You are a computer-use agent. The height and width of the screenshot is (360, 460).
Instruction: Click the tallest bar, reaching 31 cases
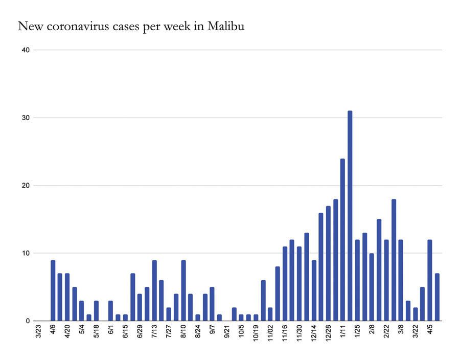point(350,216)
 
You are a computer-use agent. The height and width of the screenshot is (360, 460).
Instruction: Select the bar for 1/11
point(342,240)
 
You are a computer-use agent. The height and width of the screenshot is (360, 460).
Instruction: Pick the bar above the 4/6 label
point(53,290)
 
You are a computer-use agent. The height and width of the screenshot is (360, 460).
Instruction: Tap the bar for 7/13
point(154,290)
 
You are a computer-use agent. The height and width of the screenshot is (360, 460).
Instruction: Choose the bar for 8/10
point(183,290)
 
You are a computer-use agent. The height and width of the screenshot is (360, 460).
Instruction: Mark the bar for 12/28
point(328,263)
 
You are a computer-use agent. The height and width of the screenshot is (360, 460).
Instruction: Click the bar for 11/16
point(285,284)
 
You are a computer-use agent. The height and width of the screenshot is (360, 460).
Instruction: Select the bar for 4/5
point(430,280)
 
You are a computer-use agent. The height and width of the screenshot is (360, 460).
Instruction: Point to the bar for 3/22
point(416,314)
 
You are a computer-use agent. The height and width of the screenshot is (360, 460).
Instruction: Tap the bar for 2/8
point(372,287)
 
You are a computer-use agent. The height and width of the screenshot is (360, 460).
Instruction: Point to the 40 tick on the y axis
point(26,50)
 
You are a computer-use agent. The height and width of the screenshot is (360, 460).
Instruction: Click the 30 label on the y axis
point(26,118)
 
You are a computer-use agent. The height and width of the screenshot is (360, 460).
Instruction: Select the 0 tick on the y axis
point(28,321)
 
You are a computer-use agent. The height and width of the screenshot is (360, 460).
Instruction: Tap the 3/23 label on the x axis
point(38,331)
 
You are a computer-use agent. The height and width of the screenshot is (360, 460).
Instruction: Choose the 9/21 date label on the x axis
point(227,331)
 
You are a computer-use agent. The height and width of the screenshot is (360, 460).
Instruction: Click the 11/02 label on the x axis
point(270,332)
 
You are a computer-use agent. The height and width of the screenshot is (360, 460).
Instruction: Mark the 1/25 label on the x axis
point(357,331)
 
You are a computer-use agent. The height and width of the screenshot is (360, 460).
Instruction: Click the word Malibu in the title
point(226,26)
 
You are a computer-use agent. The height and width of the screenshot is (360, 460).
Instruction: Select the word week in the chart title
point(177,26)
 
